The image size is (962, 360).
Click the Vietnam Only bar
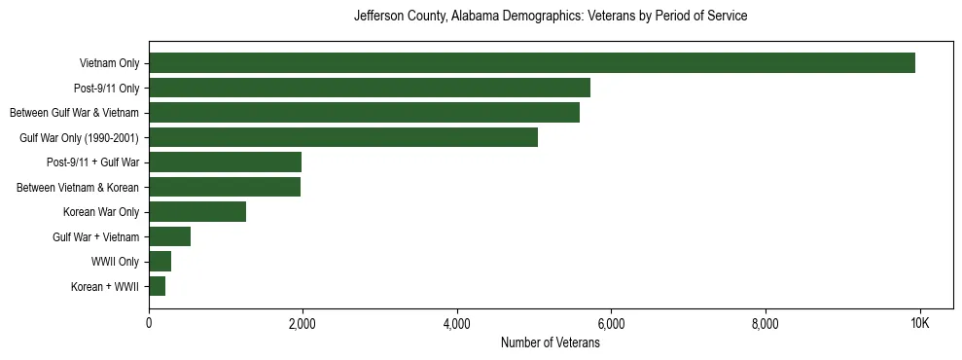pyautogui.click(x=532, y=63)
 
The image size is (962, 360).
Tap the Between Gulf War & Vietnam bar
pyautogui.click(x=364, y=113)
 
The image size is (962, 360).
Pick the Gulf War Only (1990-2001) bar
pyautogui.click(x=343, y=137)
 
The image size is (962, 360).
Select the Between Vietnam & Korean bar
pyautogui.click(x=225, y=187)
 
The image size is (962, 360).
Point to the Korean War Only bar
pyautogui.click(x=197, y=212)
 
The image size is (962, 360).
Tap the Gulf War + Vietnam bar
pyautogui.click(x=169, y=236)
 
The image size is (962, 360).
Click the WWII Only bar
pyautogui.click(x=160, y=262)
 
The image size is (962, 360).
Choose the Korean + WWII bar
pyautogui.click(x=157, y=286)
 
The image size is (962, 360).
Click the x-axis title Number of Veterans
pyautogui.click(x=550, y=342)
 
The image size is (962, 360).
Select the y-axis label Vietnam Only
pyautogui.click(x=109, y=64)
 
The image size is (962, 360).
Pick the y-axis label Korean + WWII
pyautogui.click(x=105, y=287)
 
